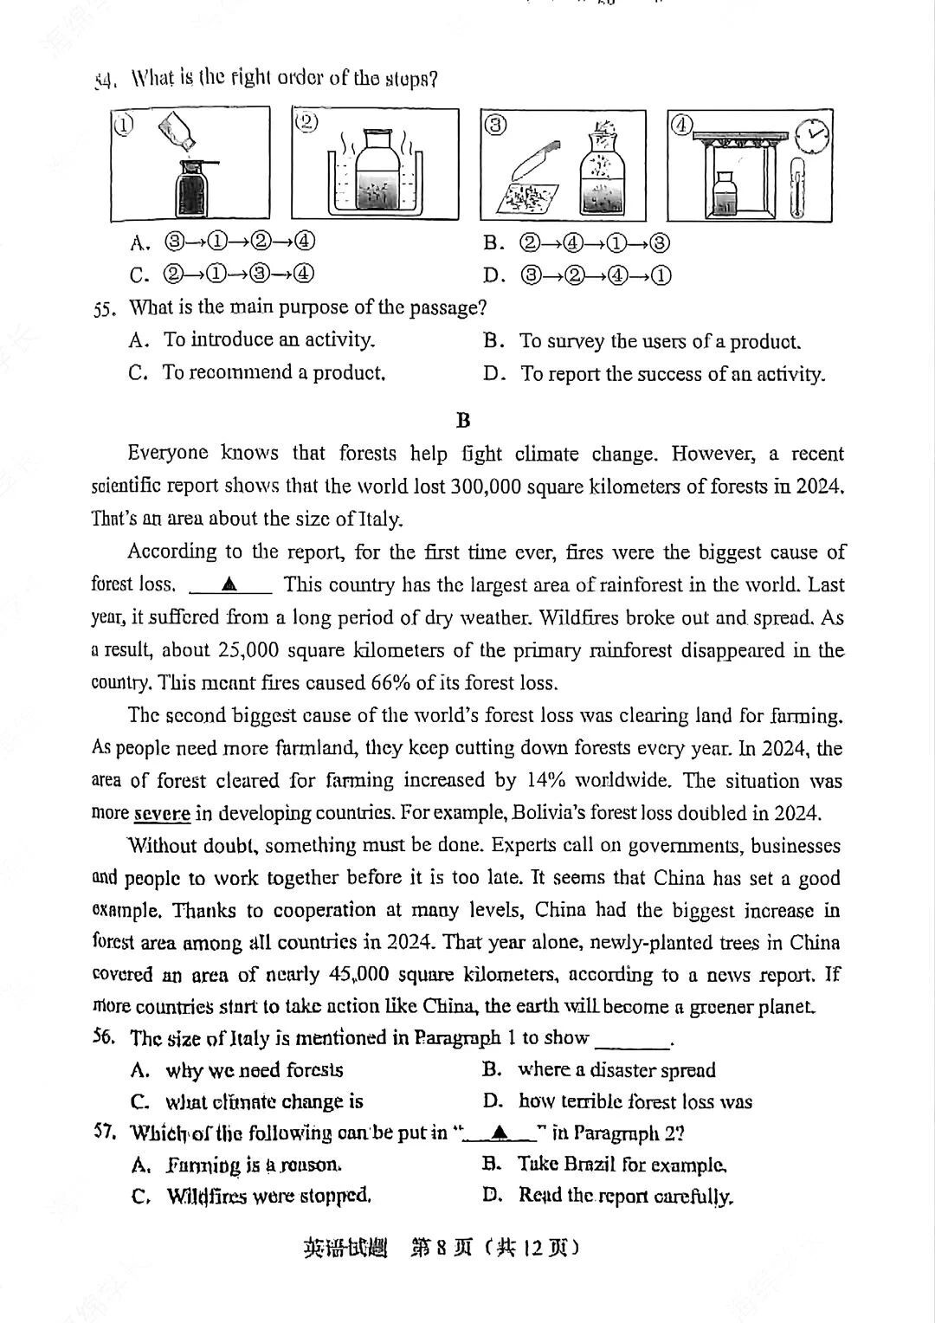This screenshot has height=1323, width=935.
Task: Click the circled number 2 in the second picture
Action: tap(305, 121)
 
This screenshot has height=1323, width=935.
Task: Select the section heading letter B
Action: tap(463, 421)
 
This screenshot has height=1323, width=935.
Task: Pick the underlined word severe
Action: tap(162, 813)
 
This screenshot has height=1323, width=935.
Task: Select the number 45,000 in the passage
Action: tap(358, 974)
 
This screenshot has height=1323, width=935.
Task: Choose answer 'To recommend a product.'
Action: tap(274, 373)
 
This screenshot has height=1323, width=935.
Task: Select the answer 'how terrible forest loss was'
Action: tap(635, 1101)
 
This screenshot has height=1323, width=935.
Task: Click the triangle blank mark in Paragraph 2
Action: tap(229, 584)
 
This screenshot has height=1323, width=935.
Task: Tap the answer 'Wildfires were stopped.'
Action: tap(269, 1197)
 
